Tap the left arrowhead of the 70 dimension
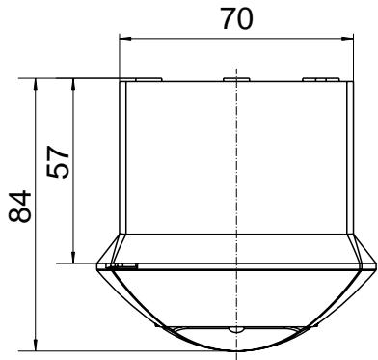(124, 40)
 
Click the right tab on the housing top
(316, 79)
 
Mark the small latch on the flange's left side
(120, 265)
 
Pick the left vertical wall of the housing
(121, 159)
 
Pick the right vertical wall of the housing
(345, 159)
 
